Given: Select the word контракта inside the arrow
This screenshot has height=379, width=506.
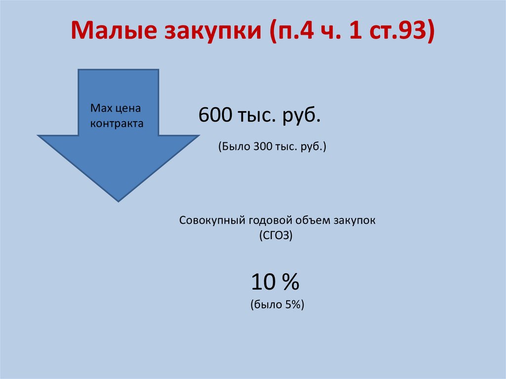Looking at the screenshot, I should pos(116,124).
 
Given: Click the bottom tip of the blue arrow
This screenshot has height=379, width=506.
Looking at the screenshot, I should pos(118,200).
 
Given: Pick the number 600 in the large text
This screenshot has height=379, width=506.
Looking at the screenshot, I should pos(214,116).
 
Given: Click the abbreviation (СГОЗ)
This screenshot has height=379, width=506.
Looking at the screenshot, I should pos(276,236).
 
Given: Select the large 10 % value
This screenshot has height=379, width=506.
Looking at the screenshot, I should pos(275,283).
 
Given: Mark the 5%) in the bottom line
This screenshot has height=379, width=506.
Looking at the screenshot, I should pos(294,305).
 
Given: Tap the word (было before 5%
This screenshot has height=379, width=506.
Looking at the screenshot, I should pos(265,305).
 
